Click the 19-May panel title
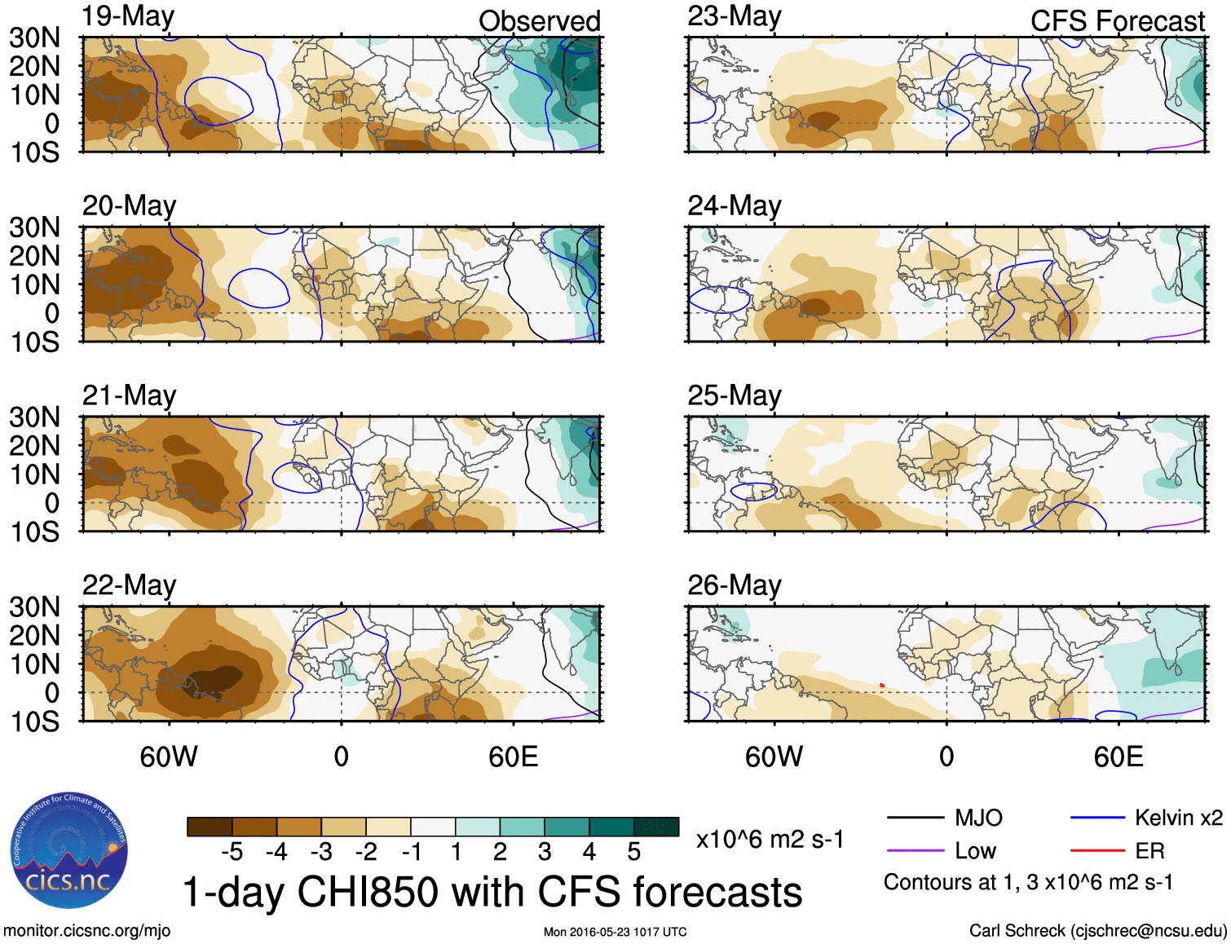tap(128, 16)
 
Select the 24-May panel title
tap(734, 205)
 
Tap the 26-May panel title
tap(734, 585)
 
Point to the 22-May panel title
tap(129, 585)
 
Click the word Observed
tap(539, 21)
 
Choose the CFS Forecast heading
tap(1117, 21)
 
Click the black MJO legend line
tap(915, 818)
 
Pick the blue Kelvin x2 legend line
tap(1097, 818)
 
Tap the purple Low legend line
tap(915, 851)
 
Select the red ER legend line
tap(1097, 851)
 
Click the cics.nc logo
tap(68, 851)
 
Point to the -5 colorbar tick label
tap(232, 852)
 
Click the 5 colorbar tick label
tap(633, 852)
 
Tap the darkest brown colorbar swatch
tap(209, 827)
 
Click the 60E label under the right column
tap(1118, 757)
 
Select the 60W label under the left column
tap(169, 757)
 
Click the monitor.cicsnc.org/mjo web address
tap(86, 931)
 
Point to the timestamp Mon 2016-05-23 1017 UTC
tap(615, 932)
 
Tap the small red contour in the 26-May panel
tap(882, 686)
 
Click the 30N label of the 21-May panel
tap(34, 417)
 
